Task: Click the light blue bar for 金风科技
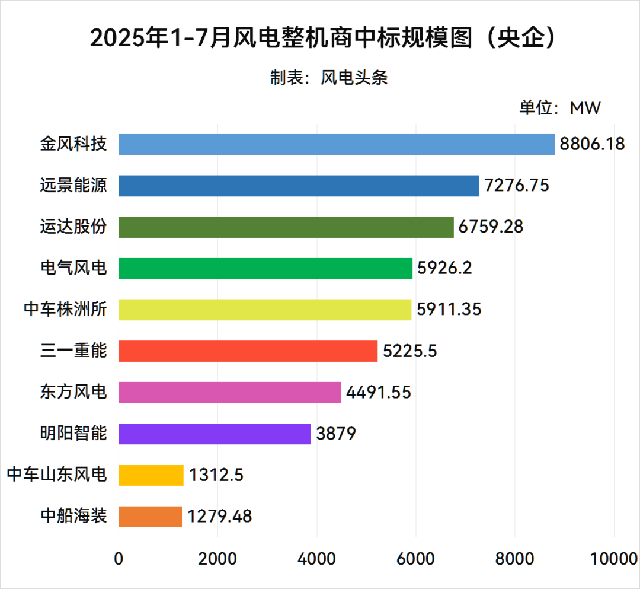click(x=337, y=144)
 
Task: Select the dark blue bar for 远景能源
click(x=299, y=186)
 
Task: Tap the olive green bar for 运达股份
click(x=286, y=227)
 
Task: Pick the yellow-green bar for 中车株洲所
click(x=265, y=310)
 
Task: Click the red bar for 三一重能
click(x=248, y=351)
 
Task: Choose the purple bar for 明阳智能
click(x=215, y=434)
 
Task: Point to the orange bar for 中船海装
click(x=150, y=516)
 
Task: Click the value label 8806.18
click(x=591, y=144)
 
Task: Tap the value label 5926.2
click(x=444, y=268)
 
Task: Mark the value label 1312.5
click(x=216, y=475)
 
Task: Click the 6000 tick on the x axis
click(x=416, y=559)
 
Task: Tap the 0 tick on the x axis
click(x=119, y=559)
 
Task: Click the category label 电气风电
click(x=73, y=268)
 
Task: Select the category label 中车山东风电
click(x=57, y=475)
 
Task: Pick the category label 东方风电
click(x=73, y=393)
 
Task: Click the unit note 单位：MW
click(x=560, y=108)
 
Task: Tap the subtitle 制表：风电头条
click(x=329, y=78)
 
